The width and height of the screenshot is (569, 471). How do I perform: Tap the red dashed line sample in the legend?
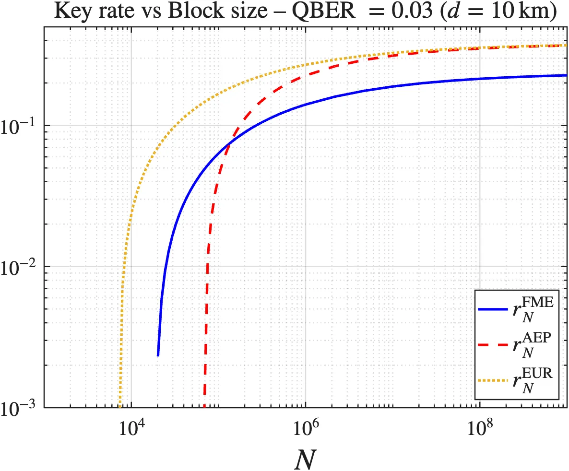(494, 345)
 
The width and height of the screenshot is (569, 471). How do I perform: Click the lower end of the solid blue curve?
(158, 355)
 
